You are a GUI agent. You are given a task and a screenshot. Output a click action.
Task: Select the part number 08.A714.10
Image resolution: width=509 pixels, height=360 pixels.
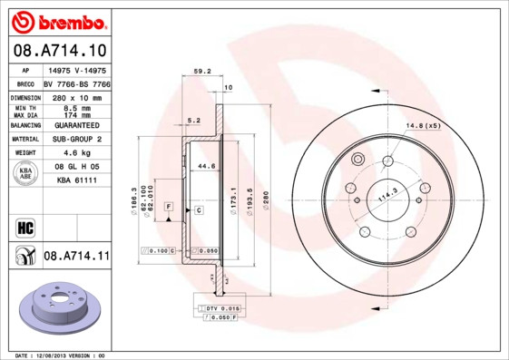coord(60,50)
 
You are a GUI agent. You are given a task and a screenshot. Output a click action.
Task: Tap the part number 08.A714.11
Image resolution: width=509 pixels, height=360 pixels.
coord(76,257)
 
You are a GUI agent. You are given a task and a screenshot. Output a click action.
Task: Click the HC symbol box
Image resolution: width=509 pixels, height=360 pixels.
coord(25,226)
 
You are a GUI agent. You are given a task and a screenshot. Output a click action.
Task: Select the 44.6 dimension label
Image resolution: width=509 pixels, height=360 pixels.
coord(206,166)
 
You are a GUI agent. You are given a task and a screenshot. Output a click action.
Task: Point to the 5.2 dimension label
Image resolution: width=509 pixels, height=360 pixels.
coord(192,119)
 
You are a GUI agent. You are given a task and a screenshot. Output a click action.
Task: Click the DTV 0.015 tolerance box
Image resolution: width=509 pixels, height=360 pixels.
coord(219,309)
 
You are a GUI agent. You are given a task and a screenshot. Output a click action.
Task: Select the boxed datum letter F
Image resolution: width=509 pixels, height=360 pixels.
coord(168,209)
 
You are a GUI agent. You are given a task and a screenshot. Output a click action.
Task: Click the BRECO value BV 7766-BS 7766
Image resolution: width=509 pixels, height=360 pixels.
coord(76,83)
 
